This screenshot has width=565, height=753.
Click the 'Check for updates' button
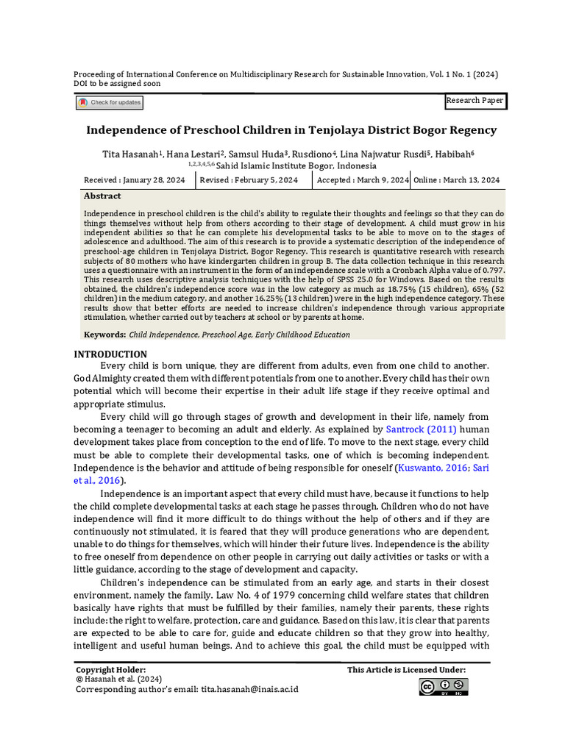(110, 103)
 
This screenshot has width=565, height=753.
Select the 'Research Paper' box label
(475, 101)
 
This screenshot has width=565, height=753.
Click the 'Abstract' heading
(102, 196)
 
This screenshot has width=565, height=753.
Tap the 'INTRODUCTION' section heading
(110, 354)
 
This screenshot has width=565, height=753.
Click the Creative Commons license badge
(444, 687)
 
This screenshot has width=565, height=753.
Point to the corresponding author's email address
(249, 691)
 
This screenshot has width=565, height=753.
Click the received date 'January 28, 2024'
(154, 180)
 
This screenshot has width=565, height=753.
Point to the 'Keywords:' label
(104, 335)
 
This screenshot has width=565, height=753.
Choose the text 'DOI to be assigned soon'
(117, 84)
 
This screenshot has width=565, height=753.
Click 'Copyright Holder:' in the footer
(111, 670)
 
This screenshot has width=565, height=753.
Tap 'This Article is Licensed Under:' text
(406, 670)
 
